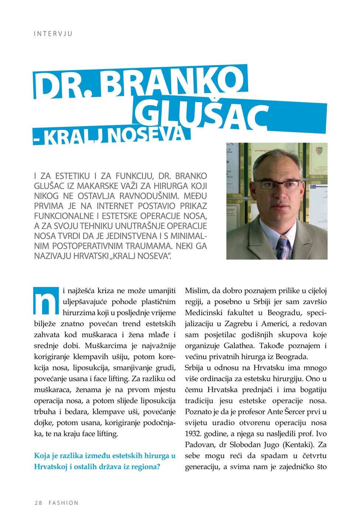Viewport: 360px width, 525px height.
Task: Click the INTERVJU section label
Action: point(53,34)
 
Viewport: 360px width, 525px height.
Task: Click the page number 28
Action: point(38,503)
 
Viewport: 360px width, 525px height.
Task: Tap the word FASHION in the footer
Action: point(64,503)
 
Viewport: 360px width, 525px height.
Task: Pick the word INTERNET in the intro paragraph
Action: point(115,206)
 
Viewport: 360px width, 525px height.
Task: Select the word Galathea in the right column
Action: point(240,346)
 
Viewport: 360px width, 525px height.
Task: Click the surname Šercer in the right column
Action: point(295,412)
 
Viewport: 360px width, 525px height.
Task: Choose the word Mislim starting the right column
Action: point(197,291)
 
